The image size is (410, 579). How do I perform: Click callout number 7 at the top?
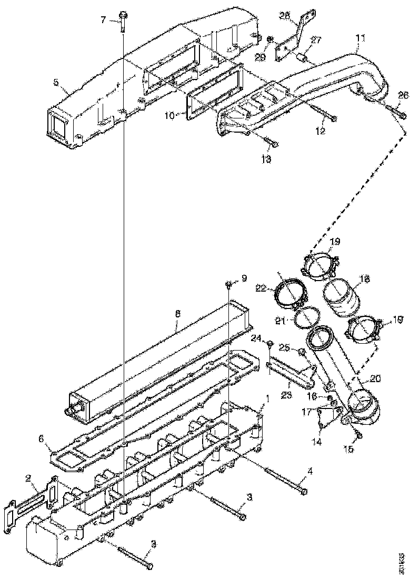click(104, 20)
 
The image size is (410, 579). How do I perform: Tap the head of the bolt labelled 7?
click(122, 15)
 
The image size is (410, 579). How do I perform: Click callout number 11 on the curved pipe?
click(360, 38)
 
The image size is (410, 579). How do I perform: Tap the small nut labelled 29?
click(269, 39)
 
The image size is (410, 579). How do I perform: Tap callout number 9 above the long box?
click(244, 277)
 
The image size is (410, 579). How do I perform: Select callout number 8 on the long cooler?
click(177, 313)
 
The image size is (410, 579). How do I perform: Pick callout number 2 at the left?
click(28, 478)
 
